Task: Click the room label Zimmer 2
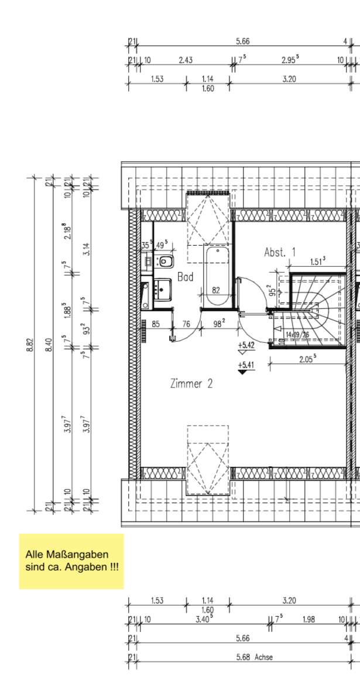(191, 384)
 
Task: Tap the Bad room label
(186, 277)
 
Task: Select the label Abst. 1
(279, 253)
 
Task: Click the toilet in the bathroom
(165, 261)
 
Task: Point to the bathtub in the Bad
(217, 275)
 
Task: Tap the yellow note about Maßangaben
(71, 561)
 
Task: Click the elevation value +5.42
(246, 345)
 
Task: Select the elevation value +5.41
(246, 366)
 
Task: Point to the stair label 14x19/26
(297, 335)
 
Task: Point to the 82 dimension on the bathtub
(216, 290)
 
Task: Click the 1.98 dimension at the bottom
(308, 619)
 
